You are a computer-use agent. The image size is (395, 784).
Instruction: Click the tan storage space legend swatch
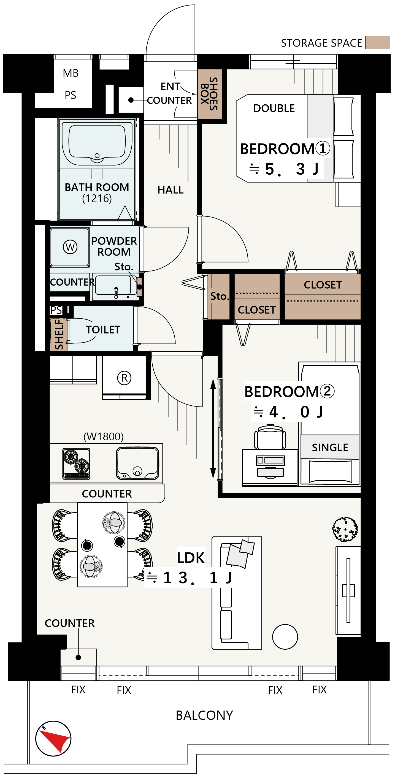click(377, 42)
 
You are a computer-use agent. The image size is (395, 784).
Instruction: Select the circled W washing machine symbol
click(70, 247)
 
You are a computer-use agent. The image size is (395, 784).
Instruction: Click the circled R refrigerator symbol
click(124, 378)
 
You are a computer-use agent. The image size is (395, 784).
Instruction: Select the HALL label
click(171, 190)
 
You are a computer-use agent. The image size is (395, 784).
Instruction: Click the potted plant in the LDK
click(345, 529)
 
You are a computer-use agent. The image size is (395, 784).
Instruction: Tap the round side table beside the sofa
click(285, 636)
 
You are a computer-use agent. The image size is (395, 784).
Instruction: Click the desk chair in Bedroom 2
click(270, 437)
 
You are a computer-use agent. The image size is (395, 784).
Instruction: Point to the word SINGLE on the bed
click(330, 447)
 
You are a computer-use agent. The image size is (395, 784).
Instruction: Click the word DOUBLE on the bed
click(274, 108)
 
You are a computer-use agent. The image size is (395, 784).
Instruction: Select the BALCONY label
click(204, 715)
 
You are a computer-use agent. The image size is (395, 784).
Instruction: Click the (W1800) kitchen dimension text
click(104, 436)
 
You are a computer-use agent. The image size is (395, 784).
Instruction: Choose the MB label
click(71, 73)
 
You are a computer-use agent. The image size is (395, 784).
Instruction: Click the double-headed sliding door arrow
click(213, 429)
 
